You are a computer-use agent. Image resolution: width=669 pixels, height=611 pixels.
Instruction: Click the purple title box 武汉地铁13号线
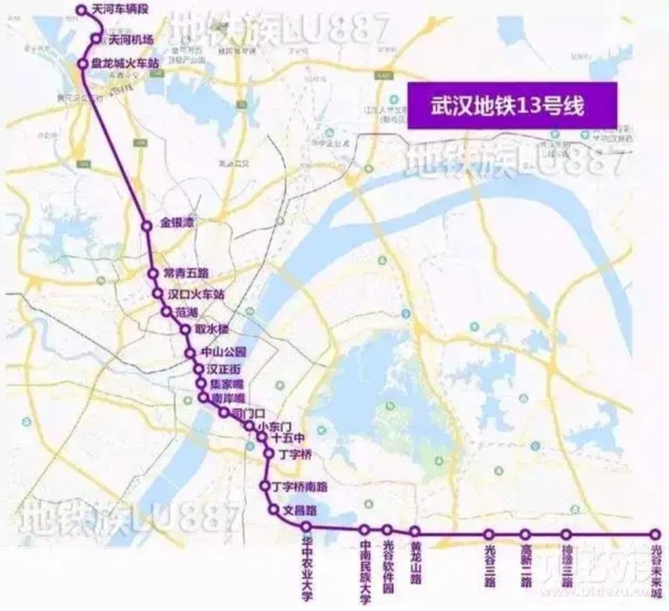[x=512, y=105]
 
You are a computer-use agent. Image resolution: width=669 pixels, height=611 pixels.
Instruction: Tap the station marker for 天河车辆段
[x=81, y=11]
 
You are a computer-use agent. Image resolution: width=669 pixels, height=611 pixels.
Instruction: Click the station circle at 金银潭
[x=147, y=226]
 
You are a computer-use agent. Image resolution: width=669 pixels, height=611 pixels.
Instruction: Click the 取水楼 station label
[x=210, y=329]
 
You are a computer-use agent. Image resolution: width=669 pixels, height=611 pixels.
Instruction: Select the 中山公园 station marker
[x=189, y=353]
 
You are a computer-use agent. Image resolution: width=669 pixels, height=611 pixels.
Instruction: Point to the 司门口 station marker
[x=224, y=413]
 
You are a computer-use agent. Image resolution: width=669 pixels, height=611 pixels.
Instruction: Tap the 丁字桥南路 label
[x=300, y=486]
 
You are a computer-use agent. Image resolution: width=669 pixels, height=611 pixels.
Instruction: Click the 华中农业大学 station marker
[x=306, y=527]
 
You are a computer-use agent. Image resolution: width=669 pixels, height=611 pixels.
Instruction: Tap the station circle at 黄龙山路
[x=415, y=531]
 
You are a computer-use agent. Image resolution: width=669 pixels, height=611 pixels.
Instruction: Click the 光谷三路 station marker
[x=490, y=534]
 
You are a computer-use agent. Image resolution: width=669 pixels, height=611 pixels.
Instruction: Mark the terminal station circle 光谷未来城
[x=656, y=534]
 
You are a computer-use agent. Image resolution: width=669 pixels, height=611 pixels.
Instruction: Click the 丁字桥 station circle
[x=269, y=454]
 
